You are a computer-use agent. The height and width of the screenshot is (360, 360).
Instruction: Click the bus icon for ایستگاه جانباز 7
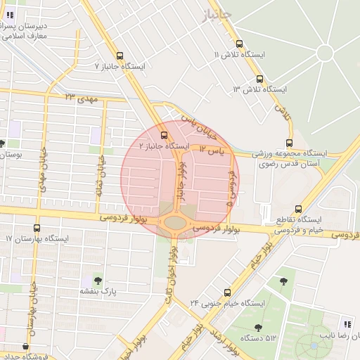click(x=120, y=56)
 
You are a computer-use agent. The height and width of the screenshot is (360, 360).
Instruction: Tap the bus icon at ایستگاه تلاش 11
click(x=240, y=44)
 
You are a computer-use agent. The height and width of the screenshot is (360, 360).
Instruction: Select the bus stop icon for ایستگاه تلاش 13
click(x=260, y=79)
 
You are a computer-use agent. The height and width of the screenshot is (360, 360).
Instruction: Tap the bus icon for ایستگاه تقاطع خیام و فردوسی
click(x=299, y=210)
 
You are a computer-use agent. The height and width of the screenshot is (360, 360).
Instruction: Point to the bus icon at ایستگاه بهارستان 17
click(x=37, y=228)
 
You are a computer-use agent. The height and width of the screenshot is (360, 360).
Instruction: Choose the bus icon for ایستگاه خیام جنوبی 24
click(x=226, y=292)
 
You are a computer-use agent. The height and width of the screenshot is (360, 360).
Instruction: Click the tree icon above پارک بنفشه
click(x=97, y=281)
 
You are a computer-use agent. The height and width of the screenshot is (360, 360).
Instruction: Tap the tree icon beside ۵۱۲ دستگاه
click(x=258, y=328)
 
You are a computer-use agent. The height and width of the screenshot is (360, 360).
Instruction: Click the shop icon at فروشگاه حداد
click(x=26, y=346)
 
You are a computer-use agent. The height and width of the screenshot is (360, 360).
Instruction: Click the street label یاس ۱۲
click(x=211, y=150)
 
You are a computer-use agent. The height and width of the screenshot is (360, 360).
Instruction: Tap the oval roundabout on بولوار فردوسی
click(x=174, y=224)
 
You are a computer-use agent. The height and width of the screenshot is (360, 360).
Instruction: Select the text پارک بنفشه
click(x=97, y=290)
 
